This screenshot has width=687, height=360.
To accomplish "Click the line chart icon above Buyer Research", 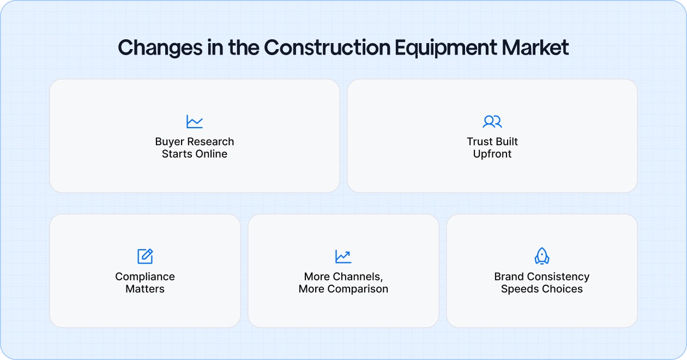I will (x=194, y=121).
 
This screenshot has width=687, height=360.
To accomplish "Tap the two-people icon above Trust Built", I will (x=492, y=121).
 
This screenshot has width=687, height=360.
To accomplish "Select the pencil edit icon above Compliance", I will (x=145, y=256).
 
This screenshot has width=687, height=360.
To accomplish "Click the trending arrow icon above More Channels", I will (x=343, y=256).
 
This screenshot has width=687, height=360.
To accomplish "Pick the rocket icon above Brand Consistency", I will (x=541, y=256).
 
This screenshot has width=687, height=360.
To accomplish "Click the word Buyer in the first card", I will (x=170, y=142).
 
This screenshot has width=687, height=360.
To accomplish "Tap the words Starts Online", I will (x=195, y=154).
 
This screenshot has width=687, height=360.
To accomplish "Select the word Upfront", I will (x=492, y=154).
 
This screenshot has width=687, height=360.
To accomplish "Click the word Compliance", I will (x=145, y=277).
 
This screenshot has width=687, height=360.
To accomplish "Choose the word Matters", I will (x=145, y=289).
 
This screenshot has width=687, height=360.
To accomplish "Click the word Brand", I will (x=509, y=277).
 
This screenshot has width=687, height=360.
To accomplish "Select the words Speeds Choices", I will (x=542, y=289).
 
